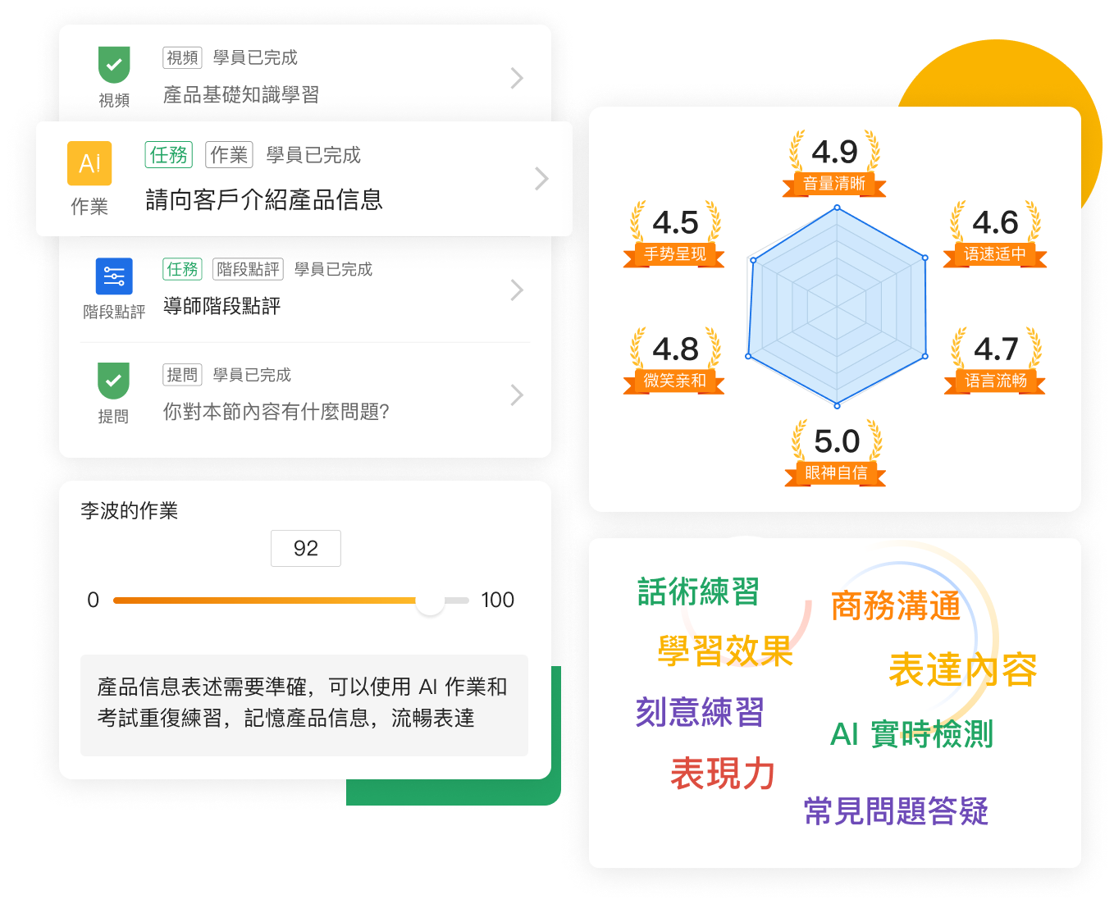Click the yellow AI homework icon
click(89, 163)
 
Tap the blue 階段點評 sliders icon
click(114, 276)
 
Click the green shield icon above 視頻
click(114, 65)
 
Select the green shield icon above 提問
click(113, 380)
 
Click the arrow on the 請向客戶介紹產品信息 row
click(542, 179)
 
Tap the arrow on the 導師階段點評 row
click(517, 290)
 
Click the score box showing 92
click(306, 548)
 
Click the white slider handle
click(430, 600)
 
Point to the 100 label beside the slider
click(497, 600)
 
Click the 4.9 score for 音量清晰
click(835, 152)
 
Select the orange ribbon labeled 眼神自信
click(835, 473)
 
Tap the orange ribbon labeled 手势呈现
click(674, 254)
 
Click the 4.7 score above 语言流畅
click(996, 349)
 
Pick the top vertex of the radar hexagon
click(838, 208)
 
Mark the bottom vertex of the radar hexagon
click(838, 406)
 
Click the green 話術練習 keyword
click(698, 591)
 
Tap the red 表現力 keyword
click(723, 774)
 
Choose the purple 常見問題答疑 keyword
click(896, 811)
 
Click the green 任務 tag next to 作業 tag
click(168, 155)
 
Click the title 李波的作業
click(129, 511)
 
